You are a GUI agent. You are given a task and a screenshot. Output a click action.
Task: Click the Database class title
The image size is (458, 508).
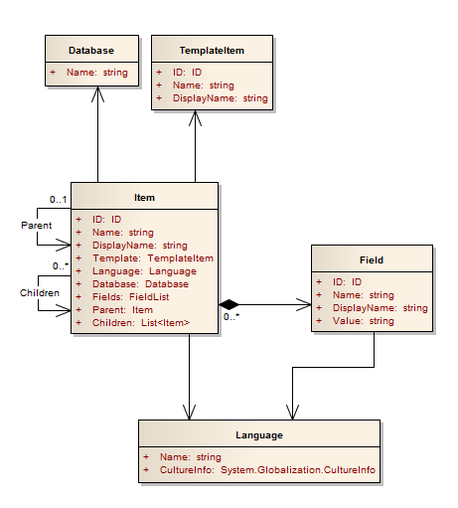coord(90,49)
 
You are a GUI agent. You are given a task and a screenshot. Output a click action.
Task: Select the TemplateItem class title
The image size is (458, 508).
coord(212,49)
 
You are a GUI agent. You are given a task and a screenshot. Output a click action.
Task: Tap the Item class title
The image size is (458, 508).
coord(144,197)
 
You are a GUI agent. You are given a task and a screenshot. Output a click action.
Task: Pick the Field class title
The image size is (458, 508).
coord(372,260)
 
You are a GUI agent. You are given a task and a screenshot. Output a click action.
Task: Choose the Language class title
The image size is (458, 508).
coord(259,435)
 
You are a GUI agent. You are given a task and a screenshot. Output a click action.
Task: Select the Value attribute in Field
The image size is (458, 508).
coord(364,322)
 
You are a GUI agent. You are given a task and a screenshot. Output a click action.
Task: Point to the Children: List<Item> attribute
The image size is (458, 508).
coord(141,323)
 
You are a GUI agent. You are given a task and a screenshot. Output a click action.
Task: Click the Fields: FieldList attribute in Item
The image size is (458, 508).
coord(133,296)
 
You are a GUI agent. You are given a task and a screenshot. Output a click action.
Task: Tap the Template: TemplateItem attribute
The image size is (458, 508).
coord(153,257)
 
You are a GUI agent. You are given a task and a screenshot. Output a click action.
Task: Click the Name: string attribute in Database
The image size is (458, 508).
coord(97,73)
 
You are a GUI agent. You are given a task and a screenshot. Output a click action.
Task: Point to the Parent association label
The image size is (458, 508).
coord(36,226)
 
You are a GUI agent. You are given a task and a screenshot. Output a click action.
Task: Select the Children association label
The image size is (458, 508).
coord(39,293)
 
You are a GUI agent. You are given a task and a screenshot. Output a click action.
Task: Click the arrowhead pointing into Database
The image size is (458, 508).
coord(98,92)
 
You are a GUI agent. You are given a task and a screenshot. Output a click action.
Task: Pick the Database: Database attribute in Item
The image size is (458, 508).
coord(140,283)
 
